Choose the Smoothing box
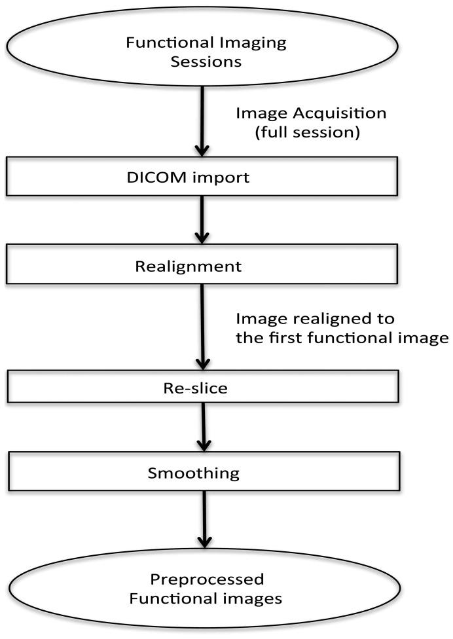(203, 471)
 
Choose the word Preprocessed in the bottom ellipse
(208, 579)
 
